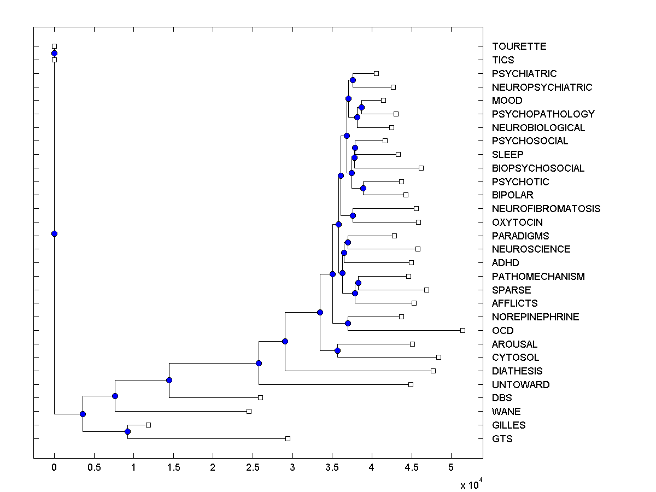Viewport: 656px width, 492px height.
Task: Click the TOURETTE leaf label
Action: pyautogui.click(x=519, y=46)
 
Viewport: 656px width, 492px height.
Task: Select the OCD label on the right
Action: pyautogui.click(x=502, y=331)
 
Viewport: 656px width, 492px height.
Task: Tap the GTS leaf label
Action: pyautogui.click(x=502, y=438)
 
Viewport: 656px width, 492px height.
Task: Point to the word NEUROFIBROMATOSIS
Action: pyautogui.click(x=546, y=209)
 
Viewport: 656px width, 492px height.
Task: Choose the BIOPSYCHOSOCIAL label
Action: pyautogui.click(x=538, y=168)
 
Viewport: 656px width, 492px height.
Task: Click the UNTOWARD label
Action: pyautogui.click(x=520, y=384)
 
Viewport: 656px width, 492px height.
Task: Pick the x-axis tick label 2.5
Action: pyautogui.click(x=253, y=468)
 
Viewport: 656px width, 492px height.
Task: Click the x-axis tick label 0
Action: pyautogui.click(x=54, y=468)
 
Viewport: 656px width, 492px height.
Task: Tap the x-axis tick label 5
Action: pyautogui.click(x=451, y=468)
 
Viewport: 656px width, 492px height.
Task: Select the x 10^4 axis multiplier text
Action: pyautogui.click(x=471, y=484)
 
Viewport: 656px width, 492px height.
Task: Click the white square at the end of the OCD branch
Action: pyautogui.click(x=462, y=330)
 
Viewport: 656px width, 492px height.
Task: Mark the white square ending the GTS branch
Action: pyautogui.click(x=288, y=438)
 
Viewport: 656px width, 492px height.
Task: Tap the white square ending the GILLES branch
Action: pyautogui.click(x=148, y=425)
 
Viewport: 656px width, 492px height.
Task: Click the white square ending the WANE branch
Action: pyautogui.click(x=249, y=411)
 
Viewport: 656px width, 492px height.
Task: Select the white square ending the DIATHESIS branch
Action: pyautogui.click(x=433, y=371)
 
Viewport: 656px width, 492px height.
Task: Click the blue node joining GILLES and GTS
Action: pyautogui.click(x=127, y=431)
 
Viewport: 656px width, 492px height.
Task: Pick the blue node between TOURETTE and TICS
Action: pyautogui.click(x=54, y=53)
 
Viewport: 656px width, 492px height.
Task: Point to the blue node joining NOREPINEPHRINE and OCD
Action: pyautogui.click(x=348, y=323)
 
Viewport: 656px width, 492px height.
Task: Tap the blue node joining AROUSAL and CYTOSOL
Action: pyautogui.click(x=337, y=350)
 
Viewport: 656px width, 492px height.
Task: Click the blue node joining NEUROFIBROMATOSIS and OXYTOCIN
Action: pyautogui.click(x=353, y=215)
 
